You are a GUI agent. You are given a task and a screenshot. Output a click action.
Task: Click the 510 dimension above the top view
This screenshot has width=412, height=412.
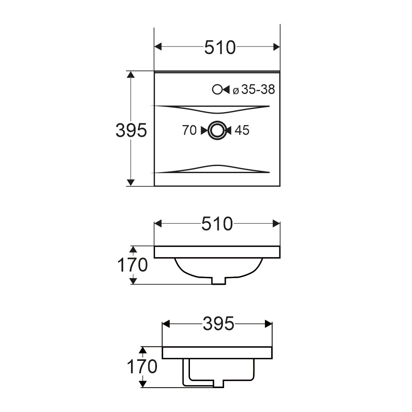pos(220,47)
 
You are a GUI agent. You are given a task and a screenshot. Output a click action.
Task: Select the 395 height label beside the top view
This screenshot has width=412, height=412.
pos(131,130)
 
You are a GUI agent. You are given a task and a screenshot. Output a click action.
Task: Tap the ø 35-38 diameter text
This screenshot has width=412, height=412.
pos(254,89)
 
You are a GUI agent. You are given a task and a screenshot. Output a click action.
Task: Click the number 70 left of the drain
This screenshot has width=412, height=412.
pos(190,130)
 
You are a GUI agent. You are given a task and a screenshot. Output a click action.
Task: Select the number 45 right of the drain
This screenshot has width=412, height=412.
pos(242,130)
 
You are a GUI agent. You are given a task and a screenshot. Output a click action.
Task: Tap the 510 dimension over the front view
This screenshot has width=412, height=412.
pos(217,224)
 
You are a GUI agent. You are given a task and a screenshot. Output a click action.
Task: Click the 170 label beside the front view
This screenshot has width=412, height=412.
pos(132,265)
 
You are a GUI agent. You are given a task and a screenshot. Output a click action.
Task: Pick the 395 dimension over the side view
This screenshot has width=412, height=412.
pos(218,323)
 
